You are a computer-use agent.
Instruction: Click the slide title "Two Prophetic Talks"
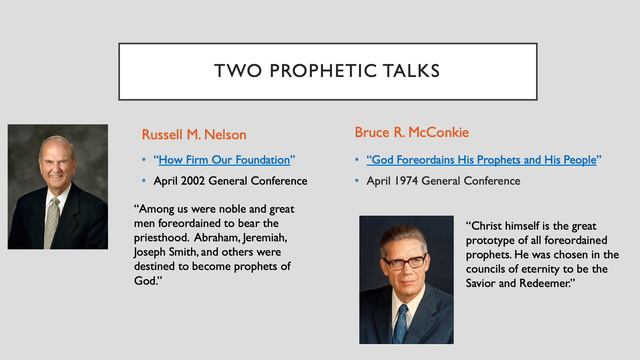(319, 71)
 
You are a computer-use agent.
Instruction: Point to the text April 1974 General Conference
(443, 181)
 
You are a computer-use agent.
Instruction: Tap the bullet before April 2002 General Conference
(144, 181)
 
